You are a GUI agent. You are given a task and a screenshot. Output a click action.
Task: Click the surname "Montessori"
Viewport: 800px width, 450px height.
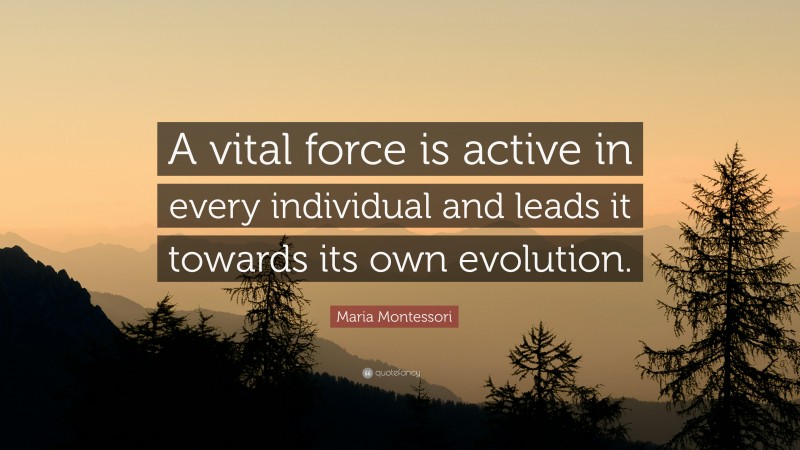point(417,318)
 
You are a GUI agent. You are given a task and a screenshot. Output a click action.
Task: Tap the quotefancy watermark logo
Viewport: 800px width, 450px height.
point(392,373)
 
